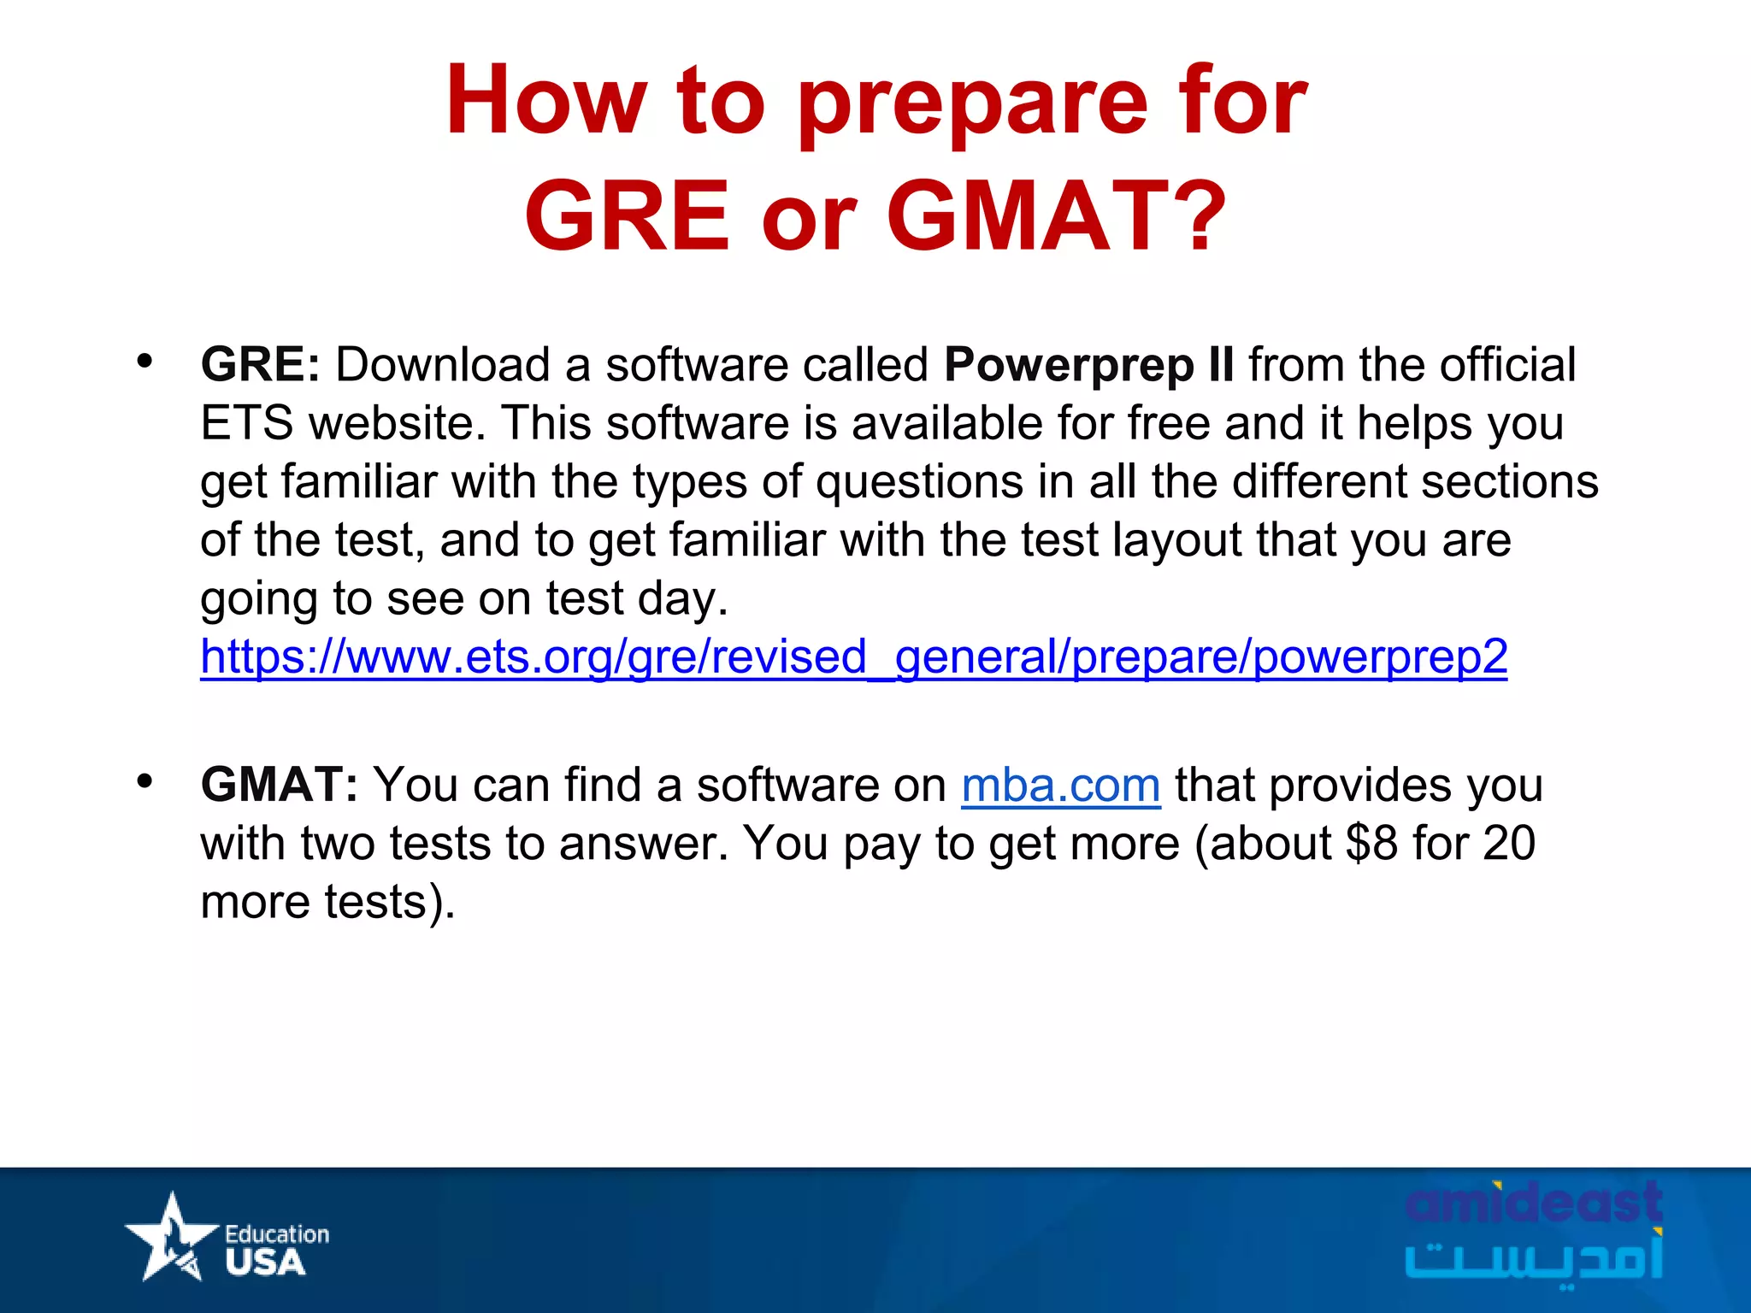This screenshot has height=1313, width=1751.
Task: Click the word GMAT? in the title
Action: [x=1057, y=216]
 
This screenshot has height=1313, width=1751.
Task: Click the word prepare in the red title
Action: [x=972, y=103]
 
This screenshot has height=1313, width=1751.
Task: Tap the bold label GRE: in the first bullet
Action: [x=260, y=365]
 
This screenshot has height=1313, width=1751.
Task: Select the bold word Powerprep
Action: [x=1069, y=365]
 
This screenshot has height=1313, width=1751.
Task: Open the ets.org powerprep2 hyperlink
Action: [x=853, y=657]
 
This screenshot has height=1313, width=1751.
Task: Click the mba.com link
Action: [x=1060, y=786]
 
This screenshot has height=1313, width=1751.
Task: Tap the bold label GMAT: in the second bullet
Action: [x=279, y=785]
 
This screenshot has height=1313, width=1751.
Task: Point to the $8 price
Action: [x=1371, y=843]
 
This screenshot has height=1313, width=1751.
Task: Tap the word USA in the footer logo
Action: [x=265, y=1263]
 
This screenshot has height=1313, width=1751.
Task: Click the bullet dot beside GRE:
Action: [x=144, y=361]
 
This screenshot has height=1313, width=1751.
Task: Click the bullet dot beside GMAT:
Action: [x=144, y=780]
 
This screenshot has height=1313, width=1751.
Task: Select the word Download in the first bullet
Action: [x=442, y=365]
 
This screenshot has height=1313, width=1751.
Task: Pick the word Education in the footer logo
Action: [x=276, y=1234]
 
